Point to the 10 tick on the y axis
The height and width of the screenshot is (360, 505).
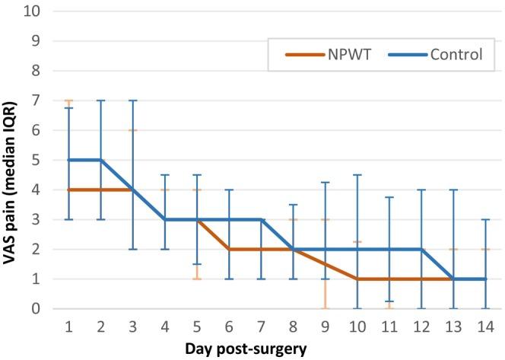pos(36,11)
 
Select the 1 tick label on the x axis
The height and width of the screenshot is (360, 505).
pos(69,325)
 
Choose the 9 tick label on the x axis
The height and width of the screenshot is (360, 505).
pos(325,325)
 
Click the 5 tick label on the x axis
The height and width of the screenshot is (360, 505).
pos(197,325)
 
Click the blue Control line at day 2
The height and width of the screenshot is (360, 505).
pos(100,160)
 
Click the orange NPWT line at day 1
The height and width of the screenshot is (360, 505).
pos(69,190)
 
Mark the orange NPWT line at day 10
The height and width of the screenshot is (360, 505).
pos(356,279)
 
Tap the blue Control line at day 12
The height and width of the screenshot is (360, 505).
pos(420,249)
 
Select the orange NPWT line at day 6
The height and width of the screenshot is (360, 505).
pos(228,249)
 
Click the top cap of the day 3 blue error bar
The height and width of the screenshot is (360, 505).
pos(132,100)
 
